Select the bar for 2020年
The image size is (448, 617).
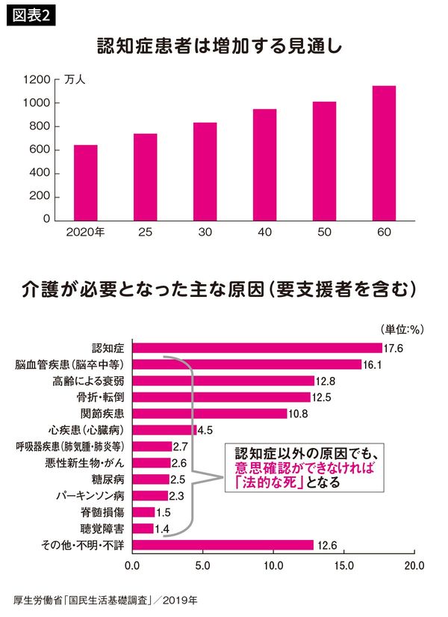(85, 182)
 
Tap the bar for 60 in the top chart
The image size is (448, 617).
(384, 153)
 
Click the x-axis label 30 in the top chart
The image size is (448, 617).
(205, 233)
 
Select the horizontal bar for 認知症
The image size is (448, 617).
(257, 347)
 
